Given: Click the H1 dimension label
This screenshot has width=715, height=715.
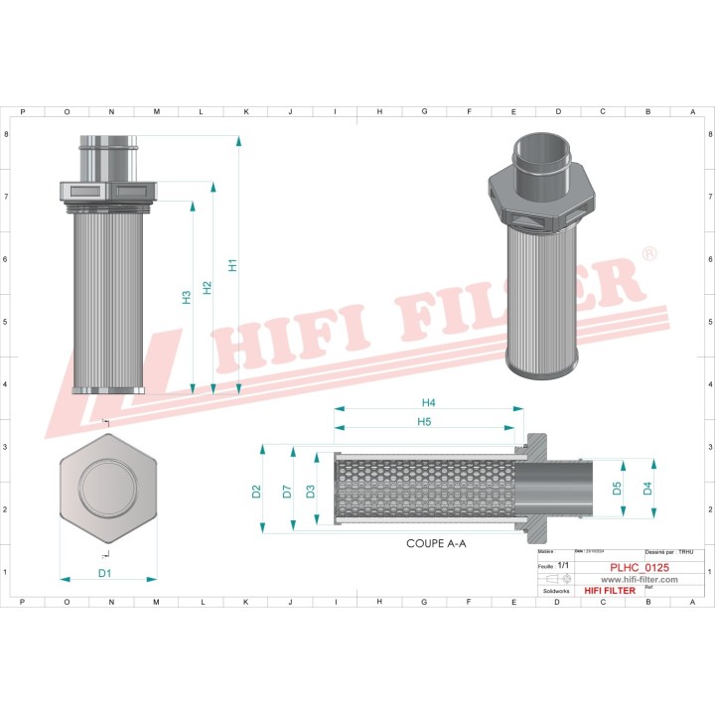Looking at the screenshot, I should click(x=232, y=265).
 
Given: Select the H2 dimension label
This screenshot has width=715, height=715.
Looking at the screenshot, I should click(x=207, y=287).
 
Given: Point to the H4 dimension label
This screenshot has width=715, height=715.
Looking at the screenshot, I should click(x=428, y=402).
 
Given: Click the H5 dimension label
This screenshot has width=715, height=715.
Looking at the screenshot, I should click(x=424, y=422).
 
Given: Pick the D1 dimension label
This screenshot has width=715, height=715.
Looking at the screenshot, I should click(x=104, y=573).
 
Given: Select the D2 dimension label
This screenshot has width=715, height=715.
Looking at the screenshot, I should click(x=256, y=490).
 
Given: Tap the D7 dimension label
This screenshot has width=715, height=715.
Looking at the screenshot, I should click(x=286, y=490).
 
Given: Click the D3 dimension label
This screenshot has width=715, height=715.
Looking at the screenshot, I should click(x=310, y=490).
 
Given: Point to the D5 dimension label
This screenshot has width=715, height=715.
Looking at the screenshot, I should click(x=617, y=488).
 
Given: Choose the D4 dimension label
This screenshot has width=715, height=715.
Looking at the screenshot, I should click(x=646, y=488).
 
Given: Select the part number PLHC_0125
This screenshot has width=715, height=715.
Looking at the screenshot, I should click(x=639, y=568).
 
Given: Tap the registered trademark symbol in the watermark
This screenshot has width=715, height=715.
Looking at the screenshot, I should click(x=649, y=255).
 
